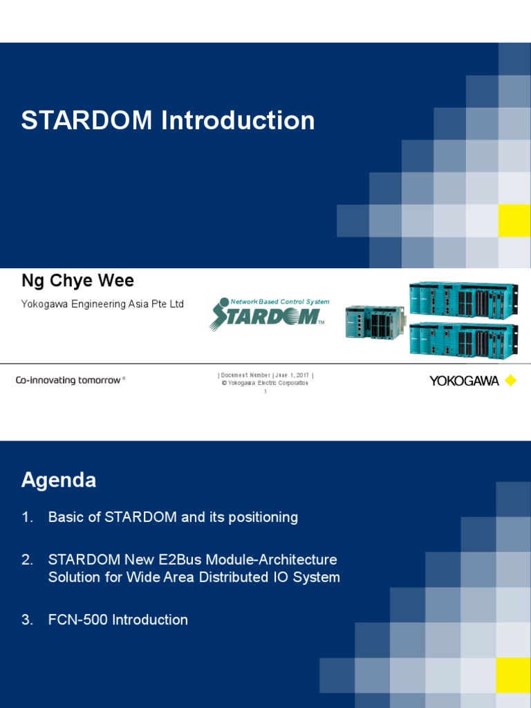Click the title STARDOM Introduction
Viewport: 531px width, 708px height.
(168, 120)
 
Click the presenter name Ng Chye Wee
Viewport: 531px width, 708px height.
(77, 281)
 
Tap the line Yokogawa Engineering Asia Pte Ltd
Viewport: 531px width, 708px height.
(102, 304)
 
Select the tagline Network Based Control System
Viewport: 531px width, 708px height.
(279, 301)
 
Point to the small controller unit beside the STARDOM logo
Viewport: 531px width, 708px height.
(374, 322)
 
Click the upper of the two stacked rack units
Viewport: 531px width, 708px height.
(462, 299)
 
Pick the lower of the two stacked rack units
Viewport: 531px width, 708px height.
(462, 340)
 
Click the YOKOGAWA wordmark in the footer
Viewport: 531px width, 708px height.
(464, 381)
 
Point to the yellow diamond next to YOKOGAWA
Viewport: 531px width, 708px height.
(511, 381)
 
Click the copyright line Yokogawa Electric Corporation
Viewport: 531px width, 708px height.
(265, 383)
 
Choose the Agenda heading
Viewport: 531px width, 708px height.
(59, 480)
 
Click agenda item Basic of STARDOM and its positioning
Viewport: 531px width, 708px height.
(173, 517)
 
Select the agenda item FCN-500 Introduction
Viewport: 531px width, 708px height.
(118, 619)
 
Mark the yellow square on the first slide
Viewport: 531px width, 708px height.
(514, 221)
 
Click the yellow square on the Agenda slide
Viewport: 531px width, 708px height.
(513, 674)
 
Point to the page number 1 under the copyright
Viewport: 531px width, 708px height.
(265, 391)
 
